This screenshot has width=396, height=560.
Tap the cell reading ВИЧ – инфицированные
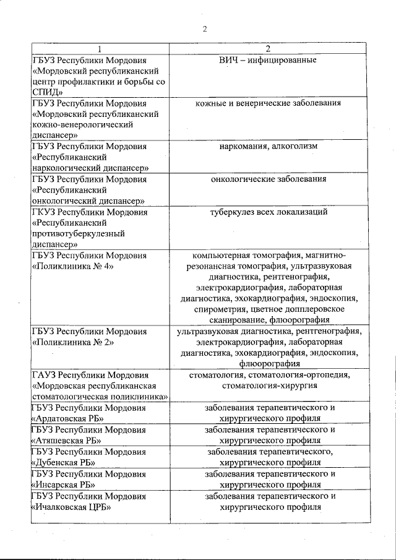267,60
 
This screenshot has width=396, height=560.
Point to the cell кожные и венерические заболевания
267,103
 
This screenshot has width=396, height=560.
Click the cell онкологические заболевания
267,179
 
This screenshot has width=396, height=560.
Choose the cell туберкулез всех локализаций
267,212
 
